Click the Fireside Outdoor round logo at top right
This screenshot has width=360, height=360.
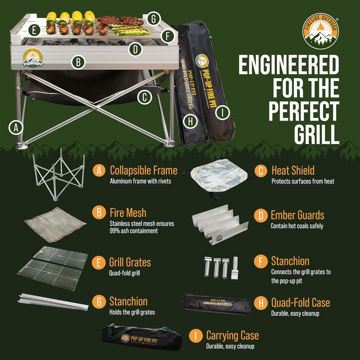click(321, 31)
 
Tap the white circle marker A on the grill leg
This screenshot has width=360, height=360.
click(16, 127)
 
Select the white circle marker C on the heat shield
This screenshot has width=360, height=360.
click(144, 97)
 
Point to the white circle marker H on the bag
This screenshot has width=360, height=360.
click(190, 121)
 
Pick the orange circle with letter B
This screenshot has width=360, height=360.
click(99, 212)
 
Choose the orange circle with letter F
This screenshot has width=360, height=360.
click(261, 261)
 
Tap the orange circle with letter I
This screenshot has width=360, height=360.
click(196, 336)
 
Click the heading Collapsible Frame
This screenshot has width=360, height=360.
click(144, 171)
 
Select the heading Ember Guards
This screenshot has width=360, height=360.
click(297, 215)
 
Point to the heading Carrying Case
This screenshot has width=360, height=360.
click(232, 335)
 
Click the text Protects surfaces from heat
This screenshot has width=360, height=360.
click(303, 181)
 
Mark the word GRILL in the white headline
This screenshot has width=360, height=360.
click(317, 134)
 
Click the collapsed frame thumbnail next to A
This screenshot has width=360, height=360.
click(59, 174)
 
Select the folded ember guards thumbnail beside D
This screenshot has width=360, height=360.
click(220, 225)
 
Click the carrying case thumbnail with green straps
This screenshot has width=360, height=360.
click(142, 337)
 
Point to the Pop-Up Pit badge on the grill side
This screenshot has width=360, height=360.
click(33, 58)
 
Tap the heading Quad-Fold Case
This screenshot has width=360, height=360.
click(301, 303)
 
